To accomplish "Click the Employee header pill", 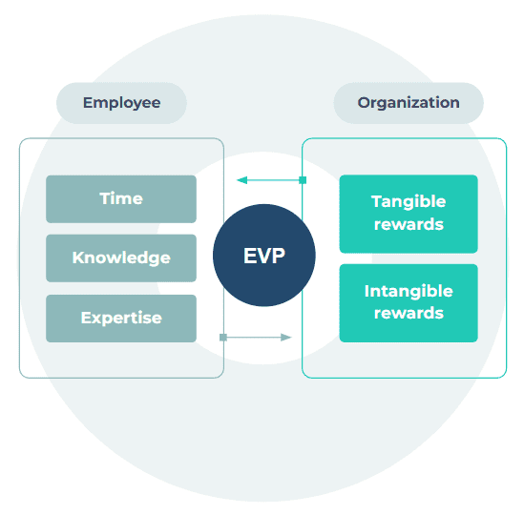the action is click(x=121, y=103).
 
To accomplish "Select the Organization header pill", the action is click(x=409, y=103).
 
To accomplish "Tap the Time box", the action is click(x=121, y=199).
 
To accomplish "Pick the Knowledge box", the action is click(x=121, y=258).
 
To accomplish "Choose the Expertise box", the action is click(x=121, y=319).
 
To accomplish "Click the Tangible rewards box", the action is click(x=409, y=214).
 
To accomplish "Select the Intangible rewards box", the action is click(x=409, y=303).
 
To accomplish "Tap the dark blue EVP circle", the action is click(x=264, y=256).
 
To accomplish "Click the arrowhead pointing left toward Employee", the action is click(x=241, y=180).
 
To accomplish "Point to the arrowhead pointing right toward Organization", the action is click(x=286, y=338).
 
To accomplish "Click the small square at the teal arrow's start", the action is click(x=303, y=180).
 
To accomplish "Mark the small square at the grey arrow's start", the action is click(x=223, y=338).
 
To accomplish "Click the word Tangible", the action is click(x=409, y=202).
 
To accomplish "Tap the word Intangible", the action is click(x=409, y=292).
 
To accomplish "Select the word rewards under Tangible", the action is click(x=409, y=224).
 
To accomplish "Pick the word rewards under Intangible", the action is click(x=409, y=313).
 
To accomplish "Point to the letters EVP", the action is click(x=264, y=256).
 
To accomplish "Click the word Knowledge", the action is click(x=121, y=258).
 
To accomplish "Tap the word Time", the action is click(x=121, y=198).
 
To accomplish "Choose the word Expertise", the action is click(x=121, y=319).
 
